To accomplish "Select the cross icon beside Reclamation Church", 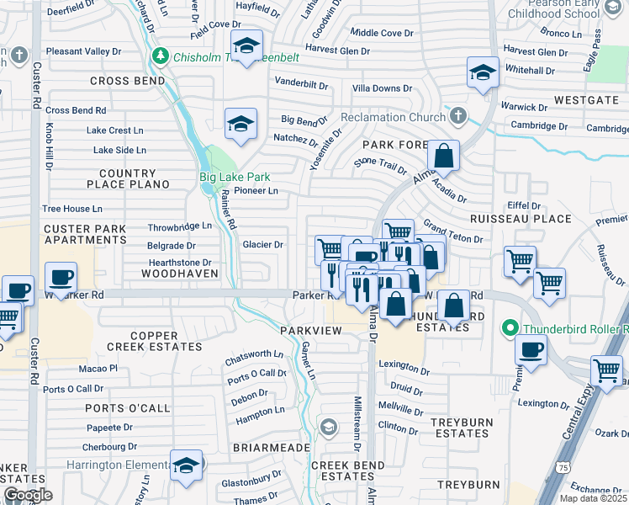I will pos(457,115).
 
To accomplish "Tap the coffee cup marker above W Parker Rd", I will pos(60,277).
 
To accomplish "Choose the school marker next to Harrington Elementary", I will pos(186,465).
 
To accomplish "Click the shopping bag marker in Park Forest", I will pos(443,155).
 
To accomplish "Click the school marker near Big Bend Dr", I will pos(240,124).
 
